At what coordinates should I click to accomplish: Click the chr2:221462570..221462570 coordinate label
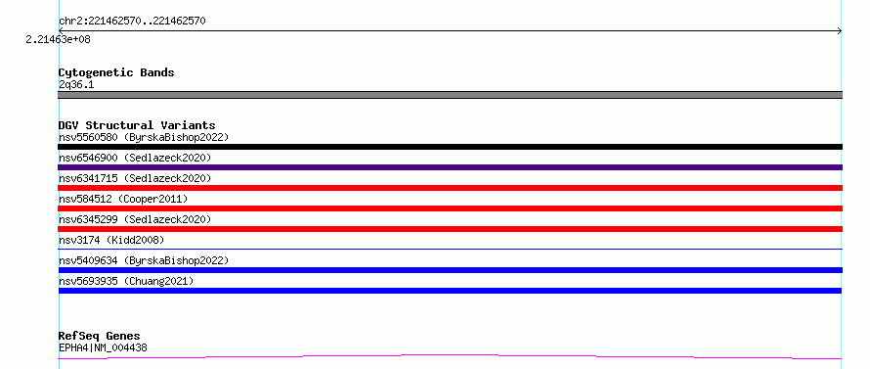coord(132,22)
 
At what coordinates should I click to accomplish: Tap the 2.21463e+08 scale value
coord(59,39)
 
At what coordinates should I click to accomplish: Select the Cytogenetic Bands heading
coord(116,72)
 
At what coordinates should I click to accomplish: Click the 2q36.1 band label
coord(76,84)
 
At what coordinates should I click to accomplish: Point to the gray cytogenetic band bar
coord(450,95)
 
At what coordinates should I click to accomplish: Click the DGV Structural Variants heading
coord(137,125)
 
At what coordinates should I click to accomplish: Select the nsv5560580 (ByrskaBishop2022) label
coord(144,137)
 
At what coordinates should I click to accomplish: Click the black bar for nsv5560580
coord(450,147)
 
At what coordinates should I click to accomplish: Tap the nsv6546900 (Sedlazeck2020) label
coord(135,158)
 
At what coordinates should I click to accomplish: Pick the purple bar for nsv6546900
coord(450,167)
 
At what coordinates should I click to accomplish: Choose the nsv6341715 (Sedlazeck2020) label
coord(135,178)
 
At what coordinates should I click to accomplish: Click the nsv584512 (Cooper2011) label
coord(123,199)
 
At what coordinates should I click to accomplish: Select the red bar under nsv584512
coord(450,208)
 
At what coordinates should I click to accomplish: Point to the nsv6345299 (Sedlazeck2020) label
coord(135,219)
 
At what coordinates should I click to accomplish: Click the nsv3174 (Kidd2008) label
coord(111,240)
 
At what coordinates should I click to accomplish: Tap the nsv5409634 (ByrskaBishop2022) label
coord(144,260)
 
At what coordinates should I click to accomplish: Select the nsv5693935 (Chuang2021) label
coord(126,281)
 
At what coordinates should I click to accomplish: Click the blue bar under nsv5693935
coord(450,291)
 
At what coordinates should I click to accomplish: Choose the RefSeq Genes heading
coord(100,336)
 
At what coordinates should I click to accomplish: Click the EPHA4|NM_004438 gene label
coord(103,347)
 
